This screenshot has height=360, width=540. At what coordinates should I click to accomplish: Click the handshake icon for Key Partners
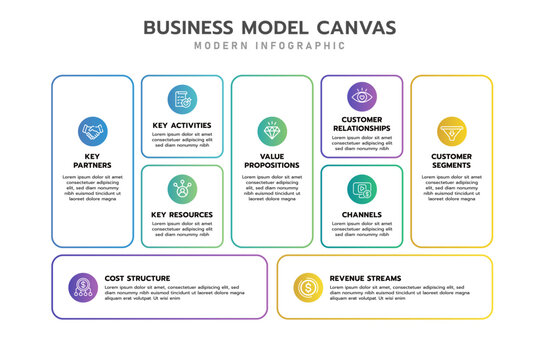tap(92, 131)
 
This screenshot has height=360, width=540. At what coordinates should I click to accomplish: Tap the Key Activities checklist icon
tap(182, 99)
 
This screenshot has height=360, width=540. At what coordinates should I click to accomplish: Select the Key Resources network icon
tap(182, 188)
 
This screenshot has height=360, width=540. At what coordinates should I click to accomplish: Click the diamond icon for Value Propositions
tap(271, 131)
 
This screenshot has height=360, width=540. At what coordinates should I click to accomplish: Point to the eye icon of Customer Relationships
tap(361, 97)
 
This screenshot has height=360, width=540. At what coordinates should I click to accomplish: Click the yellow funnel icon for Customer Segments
tap(451, 130)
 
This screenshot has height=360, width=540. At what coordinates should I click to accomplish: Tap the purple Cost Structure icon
tap(82, 288)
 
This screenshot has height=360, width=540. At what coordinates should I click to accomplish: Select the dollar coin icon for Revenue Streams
tap(308, 288)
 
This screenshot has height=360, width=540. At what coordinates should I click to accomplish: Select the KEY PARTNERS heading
tap(92, 161)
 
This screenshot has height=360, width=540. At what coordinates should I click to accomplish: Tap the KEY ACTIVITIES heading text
tap(182, 125)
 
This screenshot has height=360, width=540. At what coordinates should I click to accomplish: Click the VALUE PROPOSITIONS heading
tap(271, 161)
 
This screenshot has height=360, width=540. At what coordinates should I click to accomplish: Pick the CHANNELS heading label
tap(361, 214)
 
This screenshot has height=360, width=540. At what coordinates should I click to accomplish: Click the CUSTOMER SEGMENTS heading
tap(451, 161)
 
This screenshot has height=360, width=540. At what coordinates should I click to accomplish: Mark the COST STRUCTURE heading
tap(137, 278)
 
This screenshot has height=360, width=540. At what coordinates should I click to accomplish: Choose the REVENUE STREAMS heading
tap(365, 278)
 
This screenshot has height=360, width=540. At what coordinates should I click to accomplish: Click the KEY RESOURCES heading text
tap(182, 214)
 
